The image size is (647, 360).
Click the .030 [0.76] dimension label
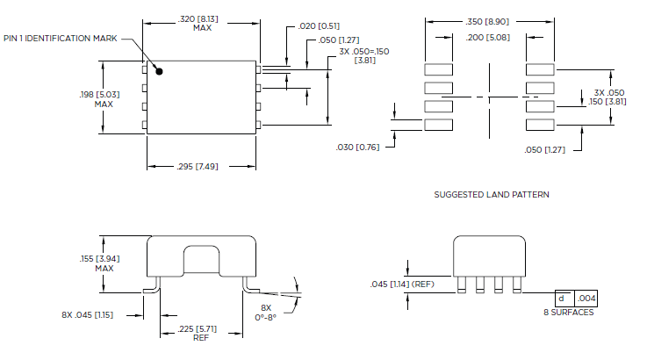tap(357, 148)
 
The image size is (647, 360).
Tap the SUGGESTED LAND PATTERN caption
tap(492, 194)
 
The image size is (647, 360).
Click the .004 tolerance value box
tap(586, 299)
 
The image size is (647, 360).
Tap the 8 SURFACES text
tap(569, 313)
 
